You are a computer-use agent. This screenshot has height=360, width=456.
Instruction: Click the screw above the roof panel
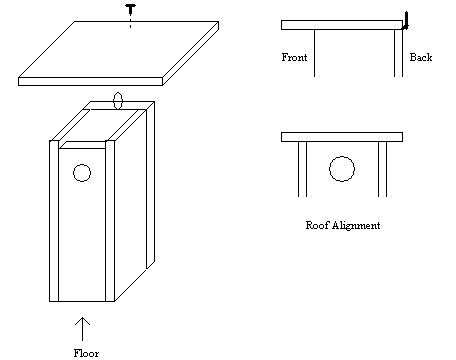pyautogui.click(x=130, y=10)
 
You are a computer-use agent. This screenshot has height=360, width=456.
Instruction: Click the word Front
pyautogui.click(x=294, y=57)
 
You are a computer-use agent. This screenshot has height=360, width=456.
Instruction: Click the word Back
pyautogui.click(x=421, y=57)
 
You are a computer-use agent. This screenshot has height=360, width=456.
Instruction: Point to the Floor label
pyautogui.click(x=86, y=353)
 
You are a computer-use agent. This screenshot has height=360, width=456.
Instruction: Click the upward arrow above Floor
pyautogui.click(x=82, y=329)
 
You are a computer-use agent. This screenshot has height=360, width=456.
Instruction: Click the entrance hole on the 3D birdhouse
pyautogui.click(x=82, y=173)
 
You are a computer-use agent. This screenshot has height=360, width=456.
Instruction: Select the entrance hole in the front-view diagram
pyautogui.click(x=342, y=169)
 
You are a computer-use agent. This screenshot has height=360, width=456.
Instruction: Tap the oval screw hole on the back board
pyautogui.click(x=118, y=101)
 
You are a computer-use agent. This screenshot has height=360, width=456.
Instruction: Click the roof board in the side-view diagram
pyautogui.click(x=342, y=25)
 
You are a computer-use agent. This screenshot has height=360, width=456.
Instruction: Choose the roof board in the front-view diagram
pyautogui.click(x=342, y=137)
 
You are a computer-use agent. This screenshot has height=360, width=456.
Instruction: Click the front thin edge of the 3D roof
pyautogui.click(x=90, y=81)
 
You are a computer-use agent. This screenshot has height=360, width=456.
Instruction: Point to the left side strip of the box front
pyautogui.click(x=54, y=221)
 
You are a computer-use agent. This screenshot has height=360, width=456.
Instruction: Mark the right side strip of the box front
pyautogui.click(x=110, y=221)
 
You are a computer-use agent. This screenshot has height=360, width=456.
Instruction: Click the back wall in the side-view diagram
pyautogui.click(x=398, y=53)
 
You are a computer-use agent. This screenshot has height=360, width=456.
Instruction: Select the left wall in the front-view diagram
pyautogui.click(x=302, y=169)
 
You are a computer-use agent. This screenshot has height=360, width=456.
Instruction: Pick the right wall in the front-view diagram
pyautogui.click(x=383, y=169)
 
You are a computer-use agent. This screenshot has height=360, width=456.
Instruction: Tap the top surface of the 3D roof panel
pyautogui.click(x=118, y=49)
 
